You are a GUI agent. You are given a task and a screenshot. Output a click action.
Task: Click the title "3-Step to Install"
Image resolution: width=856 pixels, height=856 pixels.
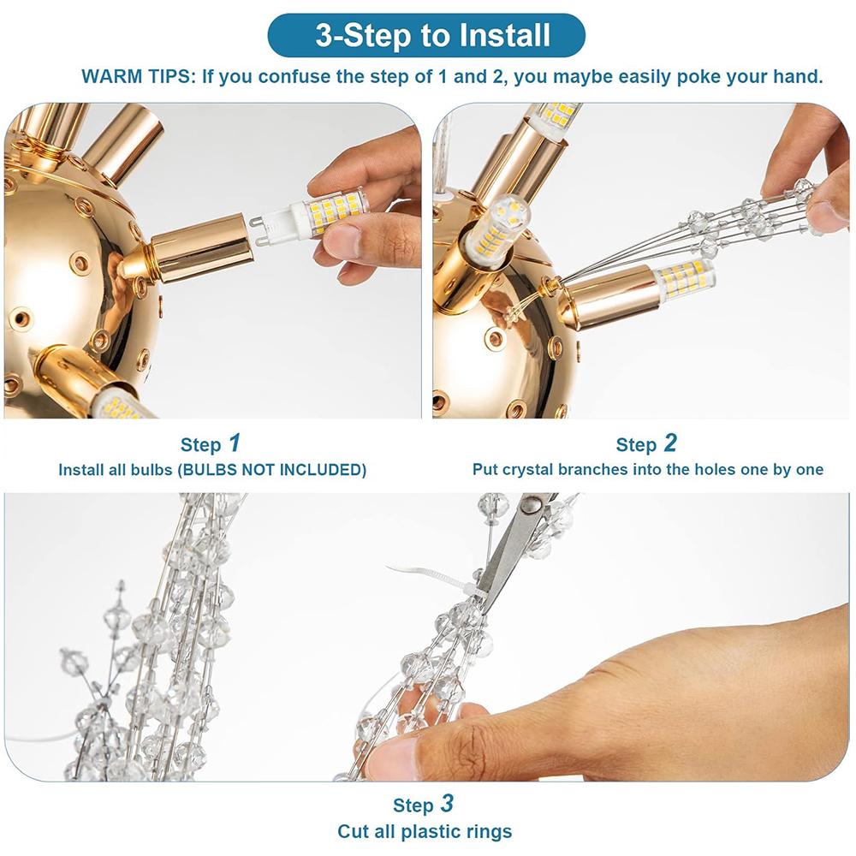[x=432, y=35]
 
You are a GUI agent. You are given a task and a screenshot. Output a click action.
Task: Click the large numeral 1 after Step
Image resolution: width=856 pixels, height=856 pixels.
[x=235, y=443]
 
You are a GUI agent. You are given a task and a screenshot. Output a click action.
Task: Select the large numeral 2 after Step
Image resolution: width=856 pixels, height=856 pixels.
[x=670, y=443]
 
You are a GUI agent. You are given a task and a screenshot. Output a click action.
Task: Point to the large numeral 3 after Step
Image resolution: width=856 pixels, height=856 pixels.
[x=447, y=803]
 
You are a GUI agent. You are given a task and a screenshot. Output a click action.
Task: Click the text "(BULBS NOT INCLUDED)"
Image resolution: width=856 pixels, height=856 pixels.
[x=272, y=470]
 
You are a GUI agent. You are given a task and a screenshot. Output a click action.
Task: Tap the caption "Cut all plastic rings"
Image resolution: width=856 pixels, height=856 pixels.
[x=425, y=831]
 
